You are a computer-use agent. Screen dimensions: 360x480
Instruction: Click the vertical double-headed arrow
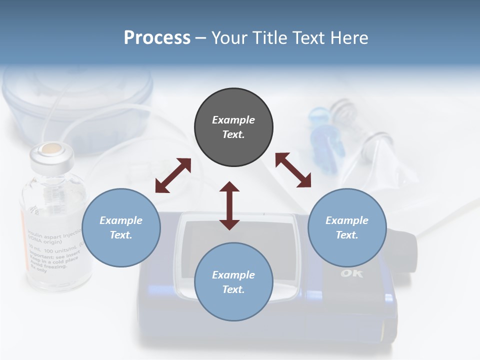tap(229, 205)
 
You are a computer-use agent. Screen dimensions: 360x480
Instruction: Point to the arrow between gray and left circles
tap(173, 175)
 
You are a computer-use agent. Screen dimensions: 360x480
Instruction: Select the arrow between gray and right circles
tap(293, 170)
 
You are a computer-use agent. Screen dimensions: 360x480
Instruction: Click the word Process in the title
tap(157, 37)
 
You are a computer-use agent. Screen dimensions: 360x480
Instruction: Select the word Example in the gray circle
tap(233, 120)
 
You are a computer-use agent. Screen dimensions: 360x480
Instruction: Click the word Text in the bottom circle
tap(233, 289)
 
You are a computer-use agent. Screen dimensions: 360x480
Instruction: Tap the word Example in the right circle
tap(347, 220)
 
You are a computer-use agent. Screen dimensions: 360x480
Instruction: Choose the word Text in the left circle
tap(121, 235)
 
